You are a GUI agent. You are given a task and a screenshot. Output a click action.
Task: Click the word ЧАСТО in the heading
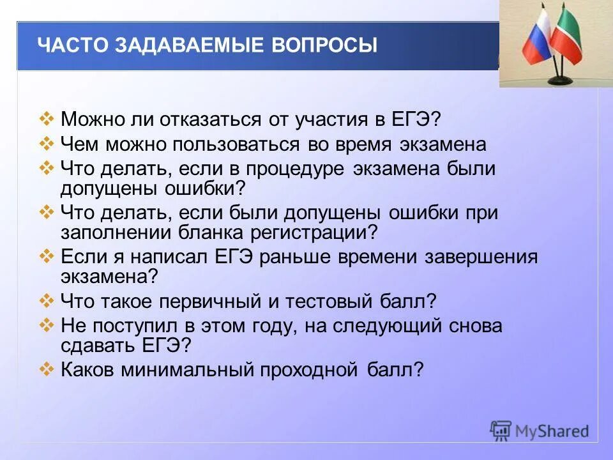click(x=72, y=45)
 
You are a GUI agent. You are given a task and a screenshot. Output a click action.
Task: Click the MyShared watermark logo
click(x=540, y=431)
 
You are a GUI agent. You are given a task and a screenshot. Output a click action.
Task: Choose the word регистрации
click(x=308, y=231)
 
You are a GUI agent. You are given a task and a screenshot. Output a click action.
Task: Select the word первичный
click(x=202, y=301)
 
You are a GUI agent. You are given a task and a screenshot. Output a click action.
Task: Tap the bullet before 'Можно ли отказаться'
click(x=47, y=119)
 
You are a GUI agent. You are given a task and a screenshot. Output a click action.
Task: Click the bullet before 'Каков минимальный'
click(x=47, y=369)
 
